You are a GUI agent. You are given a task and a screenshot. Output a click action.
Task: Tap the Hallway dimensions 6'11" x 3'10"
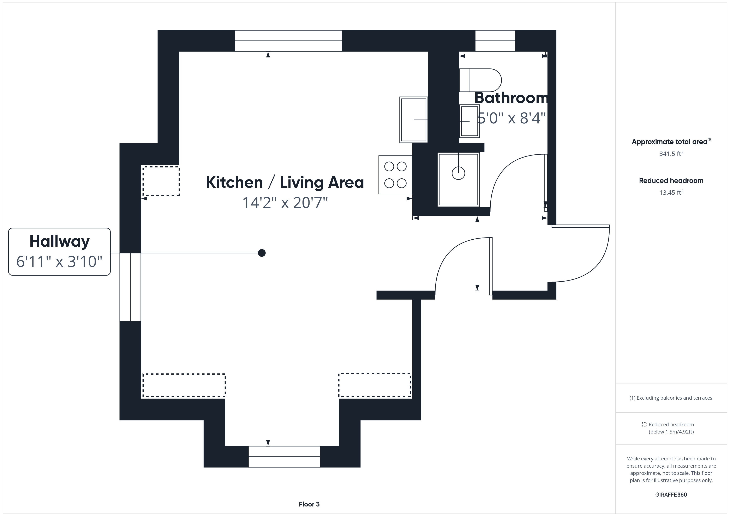(59, 262)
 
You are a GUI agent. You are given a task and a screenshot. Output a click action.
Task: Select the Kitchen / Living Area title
(285, 182)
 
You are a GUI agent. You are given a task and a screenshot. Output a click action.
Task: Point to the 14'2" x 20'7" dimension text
(285, 202)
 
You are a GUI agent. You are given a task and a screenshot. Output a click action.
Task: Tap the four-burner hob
(395, 175)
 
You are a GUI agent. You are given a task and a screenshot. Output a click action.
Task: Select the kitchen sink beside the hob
(413, 120)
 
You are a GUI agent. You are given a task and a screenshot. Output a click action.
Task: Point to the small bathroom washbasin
(469, 121)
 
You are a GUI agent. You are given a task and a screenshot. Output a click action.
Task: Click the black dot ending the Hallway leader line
(262, 253)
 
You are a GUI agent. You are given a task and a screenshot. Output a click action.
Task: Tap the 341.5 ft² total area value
(671, 153)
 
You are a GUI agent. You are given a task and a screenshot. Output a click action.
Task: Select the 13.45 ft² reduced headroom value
(671, 192)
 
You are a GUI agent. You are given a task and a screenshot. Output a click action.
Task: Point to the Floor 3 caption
(309, 504)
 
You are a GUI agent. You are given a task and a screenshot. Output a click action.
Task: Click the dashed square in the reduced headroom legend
(644, 424)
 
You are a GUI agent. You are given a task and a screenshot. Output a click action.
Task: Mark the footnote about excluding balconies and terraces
(671, 398)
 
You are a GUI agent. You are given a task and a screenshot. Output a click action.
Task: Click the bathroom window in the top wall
(495, 41)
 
